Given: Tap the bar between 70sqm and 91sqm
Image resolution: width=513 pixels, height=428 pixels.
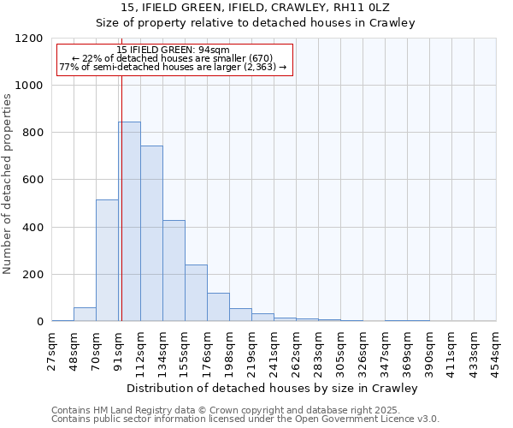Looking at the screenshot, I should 107,260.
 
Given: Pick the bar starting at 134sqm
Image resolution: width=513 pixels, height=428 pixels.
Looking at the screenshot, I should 174,270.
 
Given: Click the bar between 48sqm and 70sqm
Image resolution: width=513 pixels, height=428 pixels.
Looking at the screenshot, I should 85,314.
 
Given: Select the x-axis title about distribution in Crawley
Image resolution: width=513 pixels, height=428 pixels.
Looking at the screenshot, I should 274,389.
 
